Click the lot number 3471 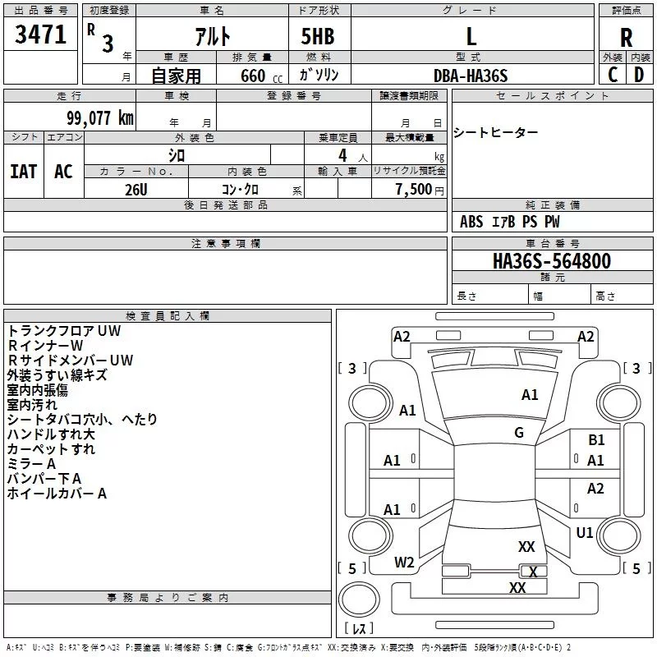pyautogui.click(x=40, y=34)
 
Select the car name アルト pyautogui.click(x=213, y=36)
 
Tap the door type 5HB pyautogui.click(x=318, y=36)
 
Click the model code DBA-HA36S pyautogui.click(x=471, y=76)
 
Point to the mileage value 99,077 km pyautogui.click(x=100, y=118)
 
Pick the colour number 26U pyautogui.click(x=136, y=190)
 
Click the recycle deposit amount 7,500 pyautogui.click(x=414, y=189)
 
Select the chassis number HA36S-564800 pyautogui.click(x=552, y=261)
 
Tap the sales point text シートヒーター pyautogui.click(x=495, y=133)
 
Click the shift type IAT pyautogui.click(x=24, y=172)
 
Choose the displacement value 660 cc pyautogui.click(x=261, y=76)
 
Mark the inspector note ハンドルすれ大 pyautogui.click(x=51, y=434)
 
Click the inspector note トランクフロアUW pyautogui.click(x=64, y=331)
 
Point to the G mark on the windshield pyautogui.click(x=519, y=433)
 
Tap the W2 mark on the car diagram pyautogui.click(x=404, y=563)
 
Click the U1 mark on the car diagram pyautogui.click(x=585, y=532)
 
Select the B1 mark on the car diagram pyautogui.click(x=596, y=439)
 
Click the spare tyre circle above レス pyautogui.click(x=359, y=600)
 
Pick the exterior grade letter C pyautogui.click(x=613, y=75)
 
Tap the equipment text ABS pyautogui.click(x=471, y=222)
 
